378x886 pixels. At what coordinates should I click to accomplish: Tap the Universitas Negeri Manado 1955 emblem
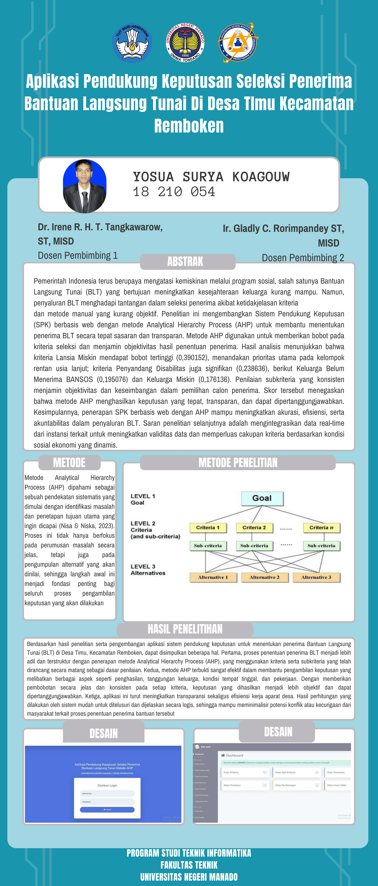point(185,43)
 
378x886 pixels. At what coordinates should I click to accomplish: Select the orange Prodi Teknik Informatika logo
point(238,43)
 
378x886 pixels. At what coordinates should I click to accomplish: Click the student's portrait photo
point(85,186)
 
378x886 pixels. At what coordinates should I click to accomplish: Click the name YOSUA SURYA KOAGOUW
point(211,177)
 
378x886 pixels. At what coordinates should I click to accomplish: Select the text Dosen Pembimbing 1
point(78,256)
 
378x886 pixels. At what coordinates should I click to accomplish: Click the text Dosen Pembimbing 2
point(303,258)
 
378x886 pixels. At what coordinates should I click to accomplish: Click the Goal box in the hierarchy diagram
point(262,498)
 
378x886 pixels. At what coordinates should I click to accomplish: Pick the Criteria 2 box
point(254,528)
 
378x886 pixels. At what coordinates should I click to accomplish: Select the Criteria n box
point(321,528)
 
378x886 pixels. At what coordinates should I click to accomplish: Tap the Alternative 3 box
point(316,577)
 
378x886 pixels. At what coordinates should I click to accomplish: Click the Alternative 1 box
point(213,577)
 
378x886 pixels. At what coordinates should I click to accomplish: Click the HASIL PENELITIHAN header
point(185,629)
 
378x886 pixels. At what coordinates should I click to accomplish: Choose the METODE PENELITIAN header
point(238,463)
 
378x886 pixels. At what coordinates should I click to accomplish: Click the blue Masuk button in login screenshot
point(107,810)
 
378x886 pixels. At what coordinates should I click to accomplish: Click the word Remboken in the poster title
point(189,126)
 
